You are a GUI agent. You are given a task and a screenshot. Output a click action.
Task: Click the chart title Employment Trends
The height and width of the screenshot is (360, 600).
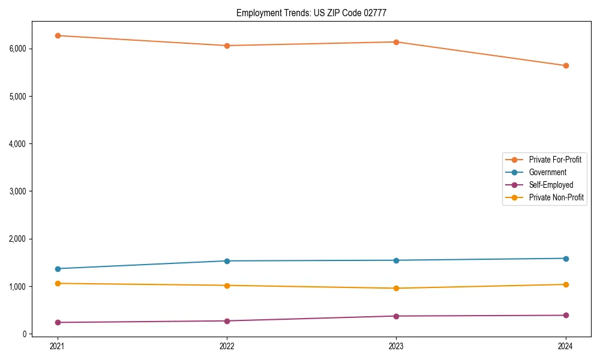(316, 13)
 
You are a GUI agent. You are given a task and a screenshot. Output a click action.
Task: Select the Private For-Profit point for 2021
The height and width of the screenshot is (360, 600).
(58, 35)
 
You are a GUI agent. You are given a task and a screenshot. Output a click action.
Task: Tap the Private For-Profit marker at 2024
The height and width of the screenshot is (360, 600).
(566, 65)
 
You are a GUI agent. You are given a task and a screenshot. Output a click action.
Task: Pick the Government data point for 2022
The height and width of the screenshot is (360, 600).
(227, 261)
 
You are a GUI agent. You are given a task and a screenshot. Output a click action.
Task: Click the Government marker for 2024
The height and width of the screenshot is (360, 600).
(566, 259)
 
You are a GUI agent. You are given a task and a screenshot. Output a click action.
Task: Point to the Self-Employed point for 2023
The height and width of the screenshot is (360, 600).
(396, 316)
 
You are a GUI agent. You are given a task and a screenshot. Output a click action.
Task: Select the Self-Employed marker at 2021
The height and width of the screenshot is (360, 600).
(58, 322)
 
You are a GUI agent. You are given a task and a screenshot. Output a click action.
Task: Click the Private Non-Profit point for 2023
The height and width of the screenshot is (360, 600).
(396, 288)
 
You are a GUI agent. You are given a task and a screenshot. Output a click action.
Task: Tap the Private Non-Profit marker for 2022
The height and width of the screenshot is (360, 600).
(227, 286)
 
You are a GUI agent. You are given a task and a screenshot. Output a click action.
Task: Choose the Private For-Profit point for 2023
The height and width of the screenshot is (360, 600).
(396, 42)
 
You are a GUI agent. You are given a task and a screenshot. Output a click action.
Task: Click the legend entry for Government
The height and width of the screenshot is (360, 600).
(547, 172)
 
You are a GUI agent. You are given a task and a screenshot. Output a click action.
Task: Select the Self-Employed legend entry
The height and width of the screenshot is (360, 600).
(551, 185)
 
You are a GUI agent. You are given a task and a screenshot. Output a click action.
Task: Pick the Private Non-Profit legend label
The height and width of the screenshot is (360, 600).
(556, 197)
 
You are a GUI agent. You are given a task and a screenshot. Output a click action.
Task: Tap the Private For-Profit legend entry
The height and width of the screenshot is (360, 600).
(555, 160)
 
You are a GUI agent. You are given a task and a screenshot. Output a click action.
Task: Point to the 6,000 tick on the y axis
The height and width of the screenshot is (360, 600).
(17, 49)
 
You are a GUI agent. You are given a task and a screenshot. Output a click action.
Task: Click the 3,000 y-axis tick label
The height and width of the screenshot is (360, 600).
(17, 191)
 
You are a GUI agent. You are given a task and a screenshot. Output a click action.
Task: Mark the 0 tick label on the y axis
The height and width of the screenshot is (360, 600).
(25, 334)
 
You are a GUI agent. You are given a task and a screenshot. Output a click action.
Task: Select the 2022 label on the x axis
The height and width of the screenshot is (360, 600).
(227, 346)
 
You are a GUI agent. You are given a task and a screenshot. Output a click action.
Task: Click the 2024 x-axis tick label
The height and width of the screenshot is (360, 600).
(566, 346)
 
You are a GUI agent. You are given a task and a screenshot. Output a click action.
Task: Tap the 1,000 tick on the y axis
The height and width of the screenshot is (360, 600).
(17, 287)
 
